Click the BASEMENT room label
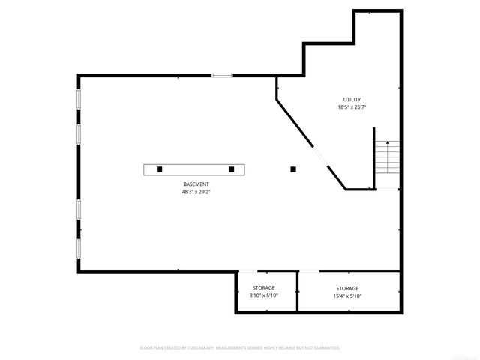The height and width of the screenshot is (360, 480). pos(196,184)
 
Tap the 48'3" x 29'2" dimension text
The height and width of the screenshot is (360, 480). pos(196,192)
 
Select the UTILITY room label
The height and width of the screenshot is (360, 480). pos(352,99)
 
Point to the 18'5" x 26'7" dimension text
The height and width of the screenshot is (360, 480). pos(352,107)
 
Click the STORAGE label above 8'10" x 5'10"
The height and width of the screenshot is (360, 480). pos(263,287)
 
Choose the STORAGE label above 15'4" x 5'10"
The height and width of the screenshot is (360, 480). pos(347,288)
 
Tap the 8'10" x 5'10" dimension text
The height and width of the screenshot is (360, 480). pos(263,295)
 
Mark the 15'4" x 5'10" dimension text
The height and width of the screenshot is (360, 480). pos(347,296)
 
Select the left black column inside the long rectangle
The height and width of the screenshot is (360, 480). pos(160,169)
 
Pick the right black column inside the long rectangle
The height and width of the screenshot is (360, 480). pos(232,169)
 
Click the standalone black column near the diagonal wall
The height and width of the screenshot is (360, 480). pos(293,169)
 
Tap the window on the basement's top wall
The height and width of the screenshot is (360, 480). pos(221,75)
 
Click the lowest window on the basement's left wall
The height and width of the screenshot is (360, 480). pos(78,249)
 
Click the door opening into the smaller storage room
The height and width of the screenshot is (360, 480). pos(249,271)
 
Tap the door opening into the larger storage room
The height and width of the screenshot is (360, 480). pos(310,271)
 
